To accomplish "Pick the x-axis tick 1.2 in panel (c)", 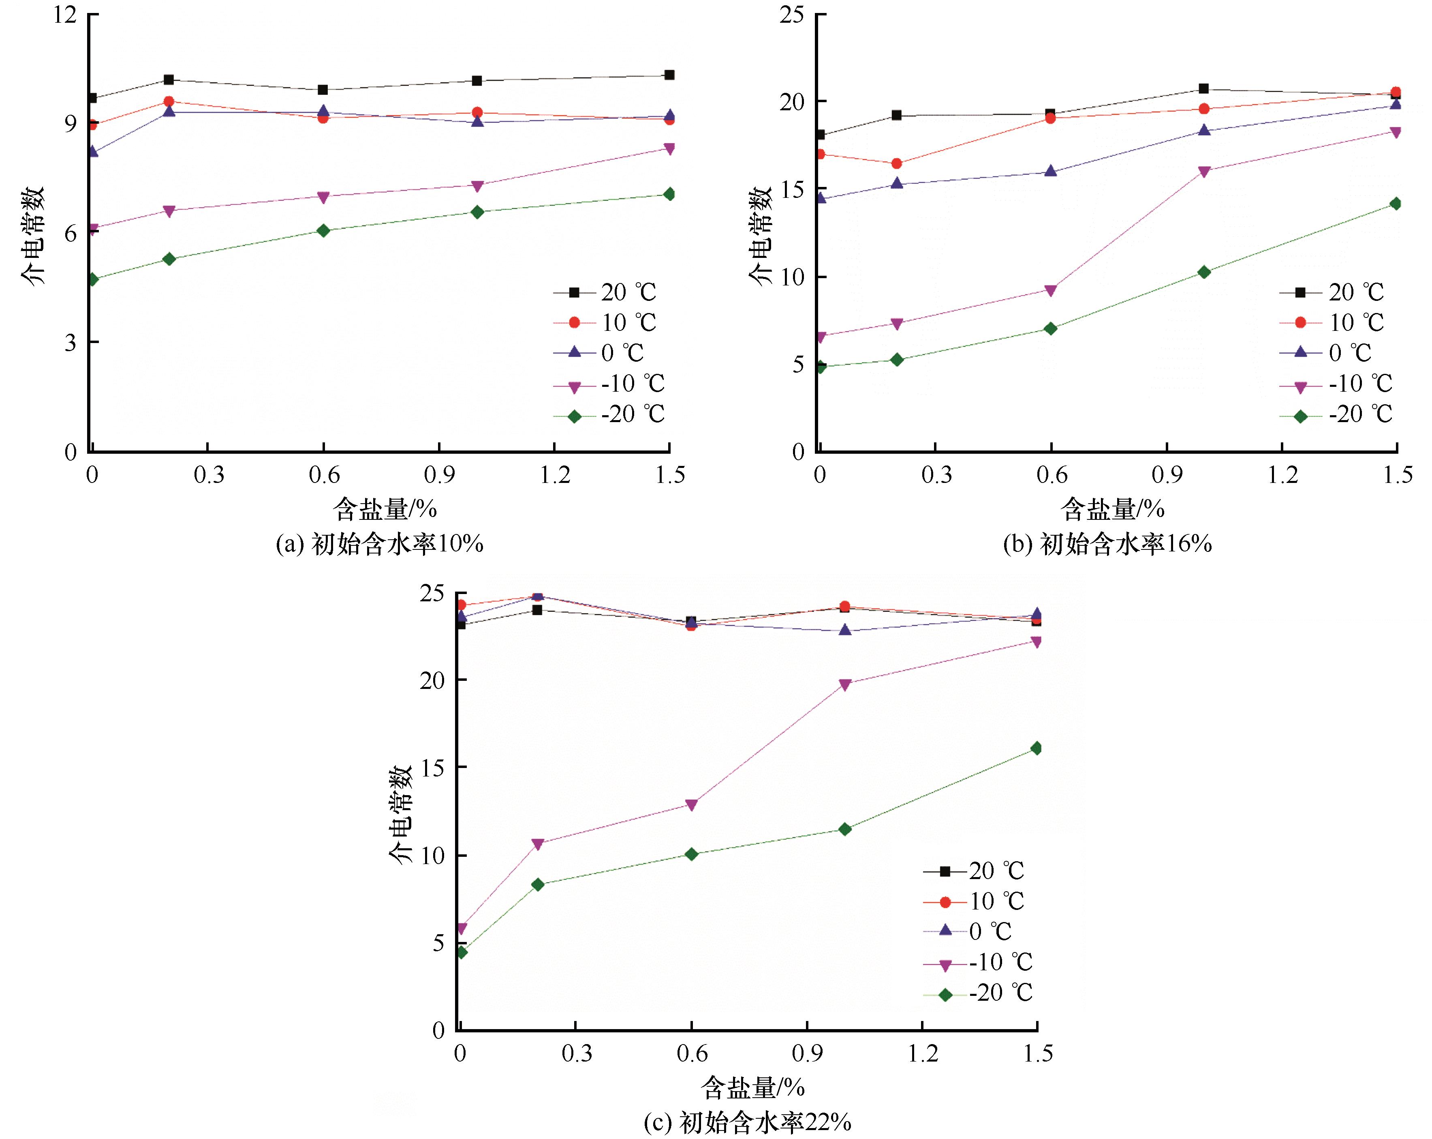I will click(923, 1054).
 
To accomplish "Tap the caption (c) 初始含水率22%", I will click(747, 1123).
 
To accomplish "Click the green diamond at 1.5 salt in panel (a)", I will click(669, 194).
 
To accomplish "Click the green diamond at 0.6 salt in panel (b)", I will click(1050, 328).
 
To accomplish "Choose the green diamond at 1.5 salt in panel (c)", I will click(1036, 748).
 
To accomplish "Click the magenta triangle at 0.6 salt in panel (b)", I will click(1050, 290).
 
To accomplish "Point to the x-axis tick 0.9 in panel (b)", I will click(1167, 475).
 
